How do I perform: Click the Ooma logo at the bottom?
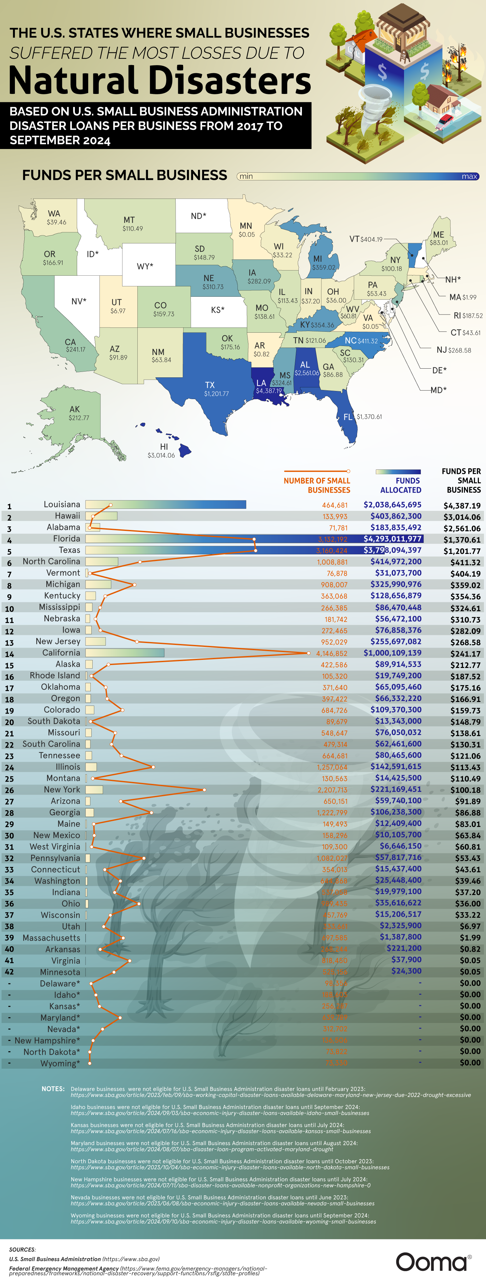[x=433, y=1261]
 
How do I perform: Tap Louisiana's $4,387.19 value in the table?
[x=461, y=506]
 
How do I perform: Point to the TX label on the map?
[x=210, y=385]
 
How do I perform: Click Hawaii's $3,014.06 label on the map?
[x=161, y=455]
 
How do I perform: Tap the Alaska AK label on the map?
[x=75, y=409]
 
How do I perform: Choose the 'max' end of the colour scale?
[x=469, y=176]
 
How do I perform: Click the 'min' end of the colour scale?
[x=246, y=176]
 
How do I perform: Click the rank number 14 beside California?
[x=9, y=654]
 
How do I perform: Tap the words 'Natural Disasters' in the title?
[x=160, y=80]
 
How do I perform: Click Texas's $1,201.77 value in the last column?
[x=461, y=551]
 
